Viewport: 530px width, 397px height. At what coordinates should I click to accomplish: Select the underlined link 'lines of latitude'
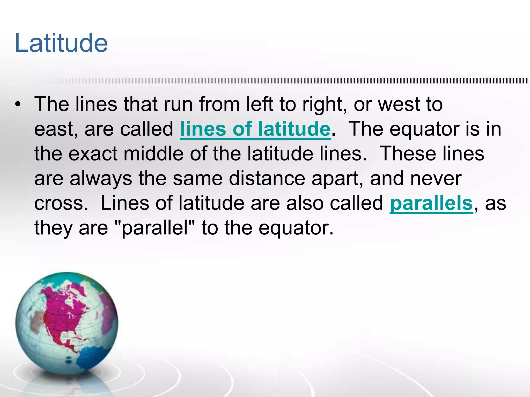(255, 129)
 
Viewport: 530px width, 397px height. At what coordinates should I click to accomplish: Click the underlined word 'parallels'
(431, 203)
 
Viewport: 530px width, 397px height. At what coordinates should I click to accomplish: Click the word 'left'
(259, 104)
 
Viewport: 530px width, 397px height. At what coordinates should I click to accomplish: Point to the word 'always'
(101, 179)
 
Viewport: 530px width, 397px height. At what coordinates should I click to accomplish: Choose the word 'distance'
(267, 179)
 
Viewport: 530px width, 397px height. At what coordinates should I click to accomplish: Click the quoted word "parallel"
(155, 228)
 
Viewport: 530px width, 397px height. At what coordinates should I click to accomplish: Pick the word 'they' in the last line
(53, 228)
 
